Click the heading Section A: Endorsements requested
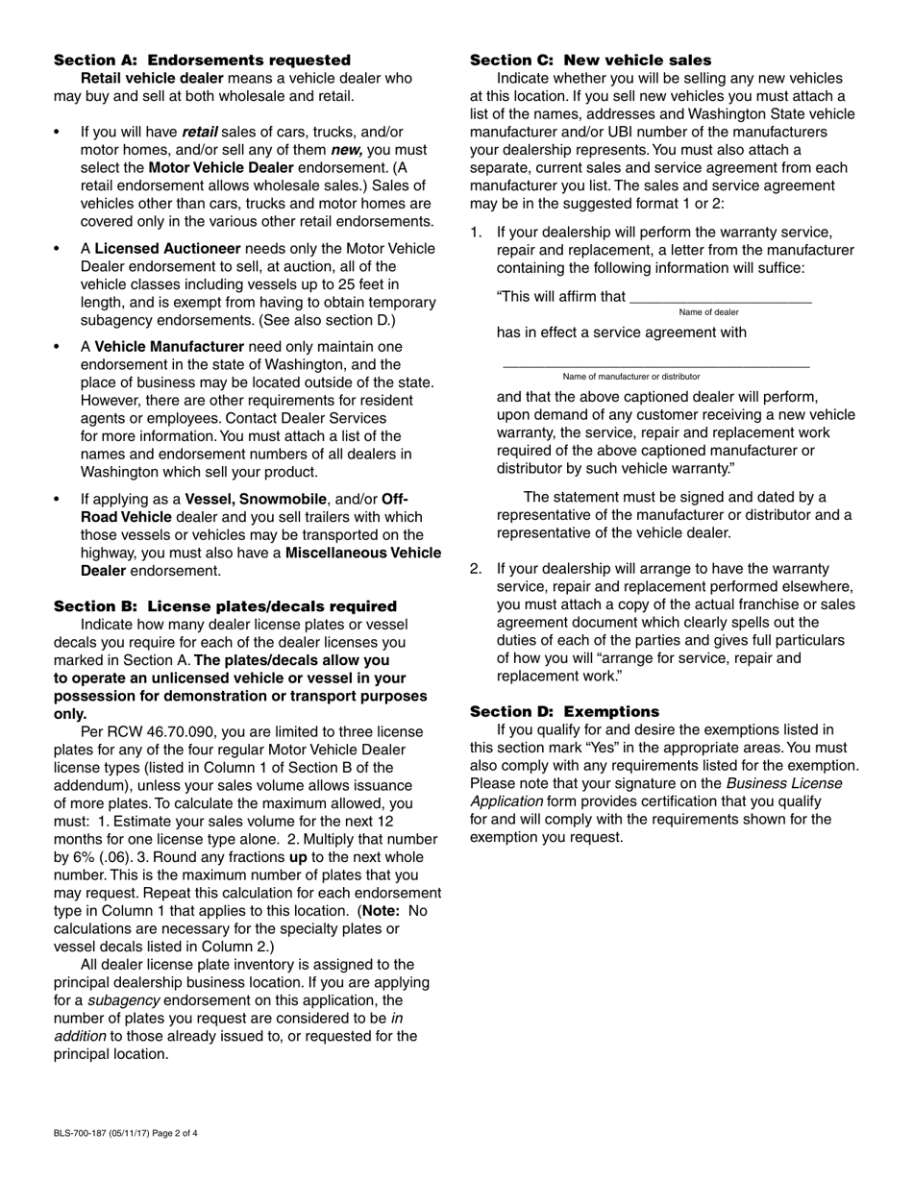pos(202,60)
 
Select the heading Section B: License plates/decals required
pos(225,606)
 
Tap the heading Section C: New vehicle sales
pos(590,60)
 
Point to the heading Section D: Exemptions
pos(564,711)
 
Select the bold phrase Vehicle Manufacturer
pos(168,346)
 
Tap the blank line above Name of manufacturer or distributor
pos(655,365)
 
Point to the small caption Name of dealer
pos(708,312)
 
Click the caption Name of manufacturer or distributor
pos(631,377)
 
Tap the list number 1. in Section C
pos(476,232)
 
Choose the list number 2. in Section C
pos(476,569)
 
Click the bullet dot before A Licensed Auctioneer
pos(59,249)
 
